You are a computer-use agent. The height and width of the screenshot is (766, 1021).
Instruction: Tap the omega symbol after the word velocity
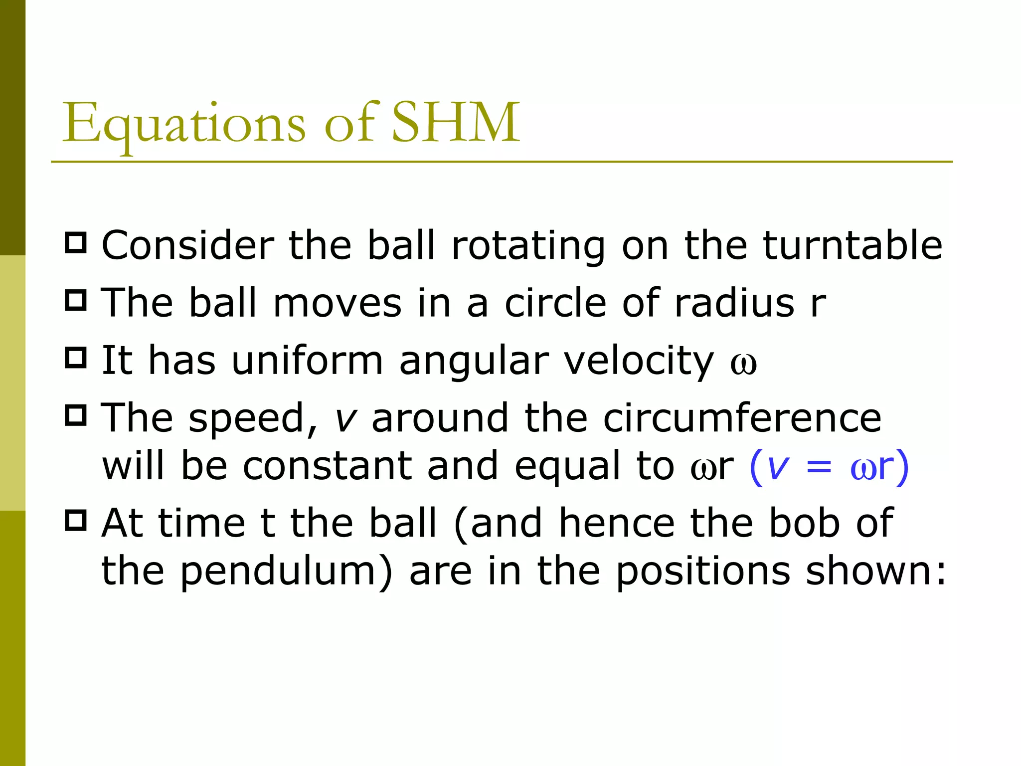(743, 364)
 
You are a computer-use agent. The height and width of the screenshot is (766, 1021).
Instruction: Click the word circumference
(742, 418)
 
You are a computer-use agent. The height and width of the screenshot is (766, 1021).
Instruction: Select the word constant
(327, 466)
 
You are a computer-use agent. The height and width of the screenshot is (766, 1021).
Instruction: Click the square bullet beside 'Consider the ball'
(76, 242)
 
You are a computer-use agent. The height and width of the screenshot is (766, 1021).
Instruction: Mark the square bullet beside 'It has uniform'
(76, 358)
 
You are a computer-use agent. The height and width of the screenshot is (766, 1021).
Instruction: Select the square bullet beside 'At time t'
(76, 520)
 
